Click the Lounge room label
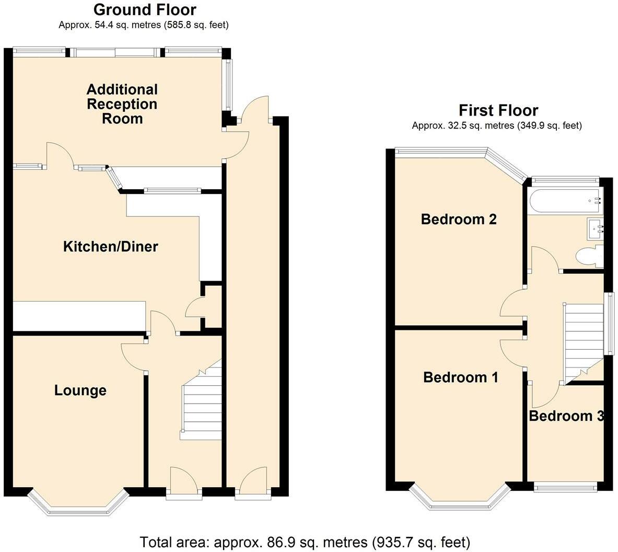80,390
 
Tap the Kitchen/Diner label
111,247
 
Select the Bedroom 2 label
459,219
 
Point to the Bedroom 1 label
461,377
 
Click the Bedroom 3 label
566,416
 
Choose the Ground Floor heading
145,9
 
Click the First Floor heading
498,110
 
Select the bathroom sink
595,228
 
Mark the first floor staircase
584,343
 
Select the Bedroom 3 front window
566,488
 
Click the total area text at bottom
305,543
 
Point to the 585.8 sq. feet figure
196,25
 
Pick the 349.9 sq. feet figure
549,125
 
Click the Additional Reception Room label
122,104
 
